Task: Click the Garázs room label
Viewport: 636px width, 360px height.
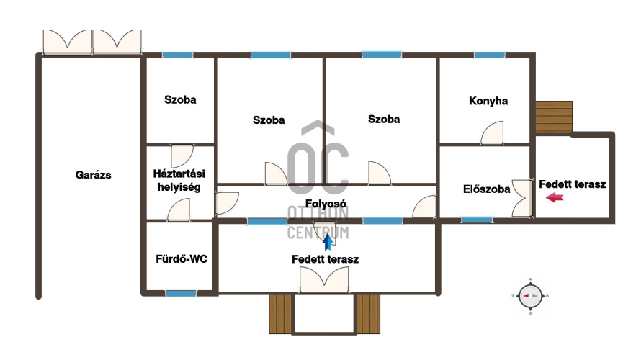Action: [x=94, y=175]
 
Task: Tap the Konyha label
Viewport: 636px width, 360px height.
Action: [x=488, y=101]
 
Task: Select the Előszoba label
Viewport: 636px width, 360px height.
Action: [x=486, y=189]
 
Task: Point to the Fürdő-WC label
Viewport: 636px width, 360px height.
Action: [x=182, y=258]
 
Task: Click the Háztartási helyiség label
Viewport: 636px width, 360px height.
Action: [x=179, y=181]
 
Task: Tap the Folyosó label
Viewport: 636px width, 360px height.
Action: [x=326, y=204]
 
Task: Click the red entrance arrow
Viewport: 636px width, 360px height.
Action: [x=555, y=198]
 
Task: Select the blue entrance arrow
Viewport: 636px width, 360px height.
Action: [x=328, y=242]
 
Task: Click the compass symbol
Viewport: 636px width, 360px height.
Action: [x=531, y=296]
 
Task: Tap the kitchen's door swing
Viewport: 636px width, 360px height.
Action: [x=492, y=133]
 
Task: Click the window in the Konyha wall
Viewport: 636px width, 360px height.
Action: [x=490, y=55]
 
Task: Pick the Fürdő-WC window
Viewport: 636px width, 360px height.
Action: [x=181, y=293]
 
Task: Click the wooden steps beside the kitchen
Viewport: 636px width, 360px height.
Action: [x=554, y=117]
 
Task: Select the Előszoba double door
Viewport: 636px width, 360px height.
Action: [x=522, y=198]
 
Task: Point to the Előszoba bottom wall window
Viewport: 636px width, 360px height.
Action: [x=477, y=220]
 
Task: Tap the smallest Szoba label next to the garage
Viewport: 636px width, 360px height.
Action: [x=180, y=100]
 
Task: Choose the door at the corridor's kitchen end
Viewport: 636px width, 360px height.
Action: [x=424, y=207]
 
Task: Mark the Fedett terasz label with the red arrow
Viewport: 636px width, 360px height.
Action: [x=573, y=184]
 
